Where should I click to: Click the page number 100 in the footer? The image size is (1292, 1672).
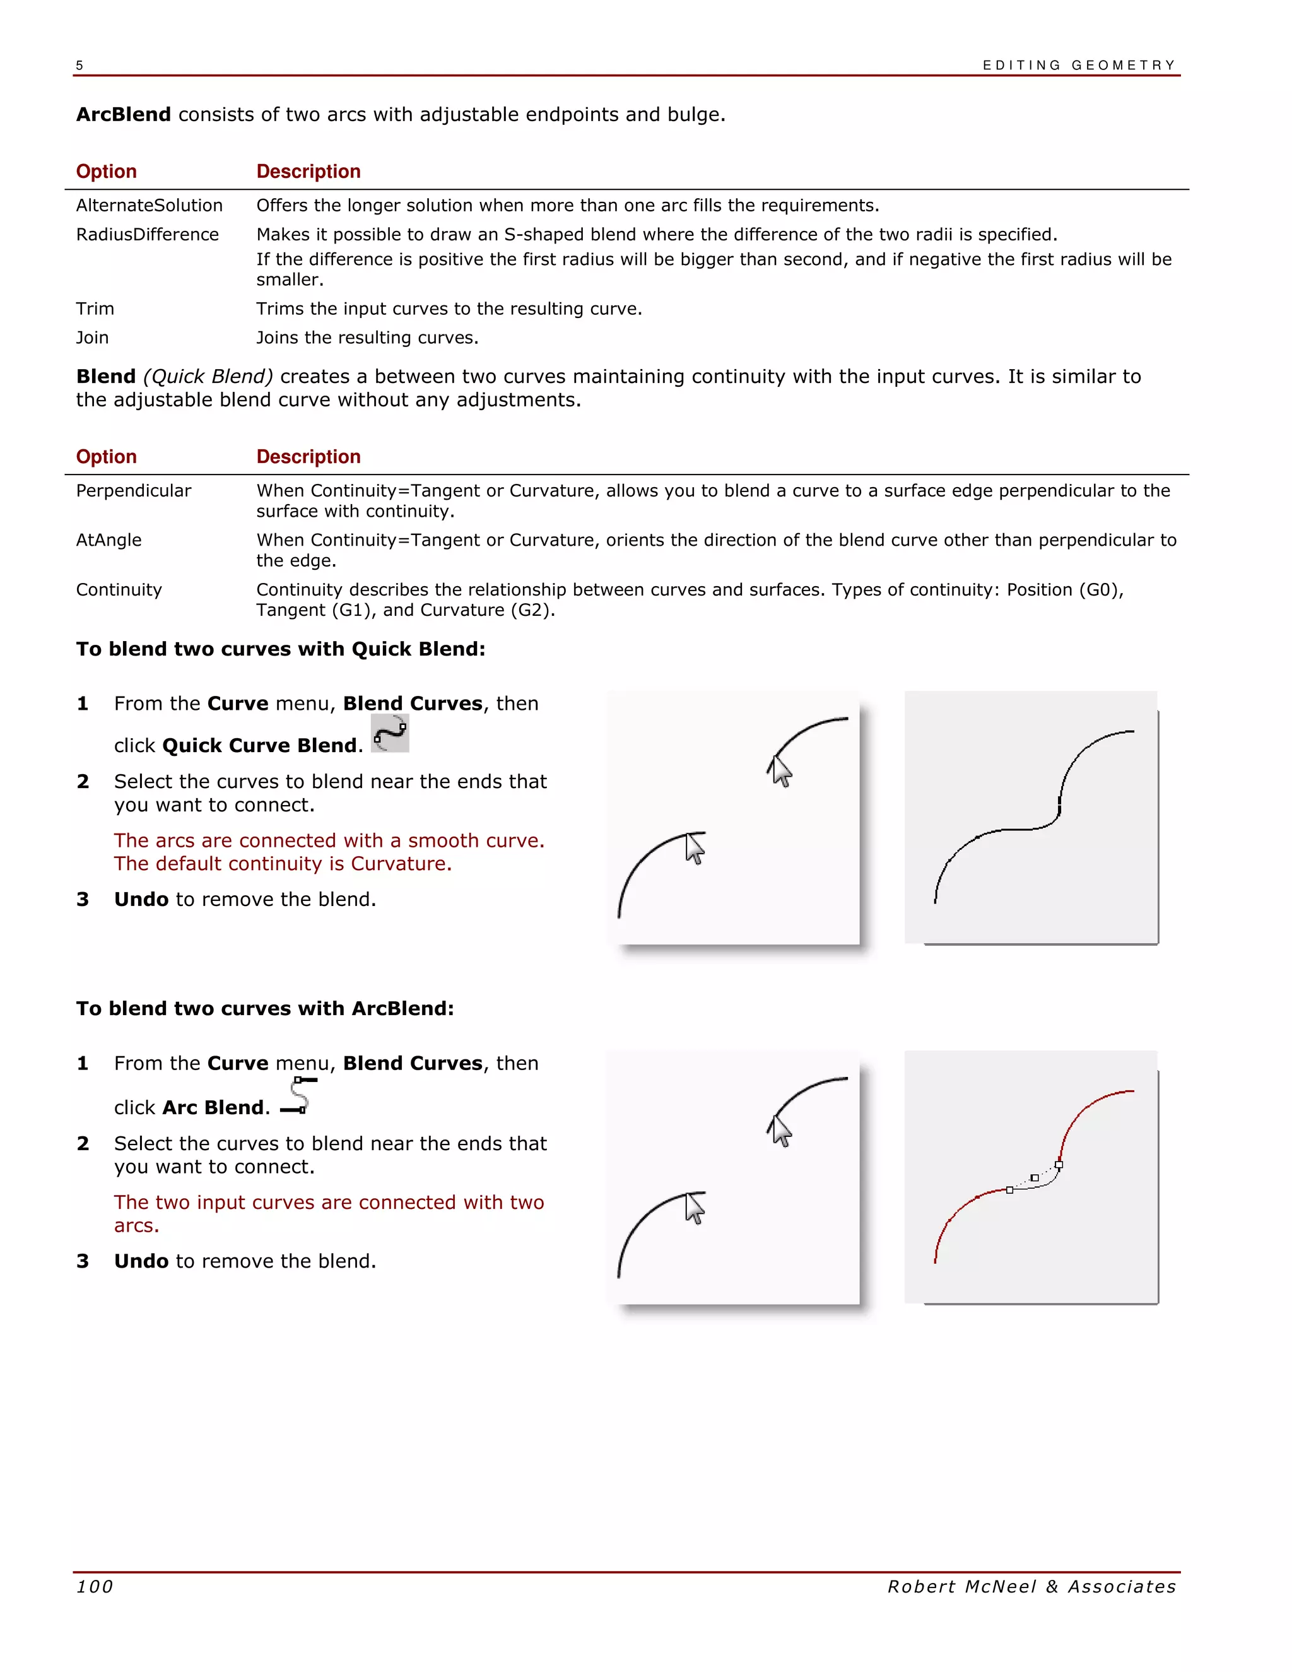94,1586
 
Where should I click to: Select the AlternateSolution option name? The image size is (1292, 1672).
150,205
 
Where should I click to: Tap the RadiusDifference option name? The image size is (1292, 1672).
147,234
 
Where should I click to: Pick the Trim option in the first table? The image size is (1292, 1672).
95,309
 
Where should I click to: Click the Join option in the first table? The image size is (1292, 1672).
92,338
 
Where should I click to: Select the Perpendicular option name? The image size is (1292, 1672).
133,491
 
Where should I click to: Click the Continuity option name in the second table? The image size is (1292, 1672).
119,589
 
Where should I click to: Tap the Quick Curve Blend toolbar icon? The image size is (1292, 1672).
390,733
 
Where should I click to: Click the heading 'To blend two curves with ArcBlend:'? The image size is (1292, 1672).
265,1008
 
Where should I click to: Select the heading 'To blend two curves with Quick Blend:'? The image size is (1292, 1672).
280,649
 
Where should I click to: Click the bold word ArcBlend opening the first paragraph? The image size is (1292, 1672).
123,115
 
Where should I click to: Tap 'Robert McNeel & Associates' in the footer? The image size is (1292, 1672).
1031,1586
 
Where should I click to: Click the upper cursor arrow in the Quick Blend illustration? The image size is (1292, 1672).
780,770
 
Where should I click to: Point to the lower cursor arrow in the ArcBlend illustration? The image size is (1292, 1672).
694,1208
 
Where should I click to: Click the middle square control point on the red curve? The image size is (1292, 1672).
1034,1177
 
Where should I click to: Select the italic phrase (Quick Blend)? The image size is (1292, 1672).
208,377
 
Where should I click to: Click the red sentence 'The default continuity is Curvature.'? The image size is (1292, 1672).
283,864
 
